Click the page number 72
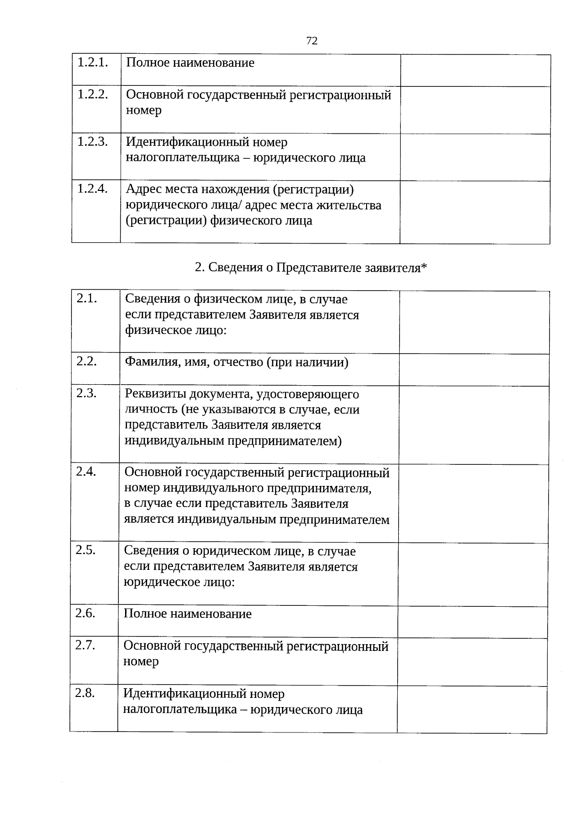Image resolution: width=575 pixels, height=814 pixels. (311, 41)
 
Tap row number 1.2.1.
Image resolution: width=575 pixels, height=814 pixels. (92, 62)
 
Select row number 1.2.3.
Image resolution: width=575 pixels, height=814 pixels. (92, 142)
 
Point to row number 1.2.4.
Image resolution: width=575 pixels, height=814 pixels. (92, 189)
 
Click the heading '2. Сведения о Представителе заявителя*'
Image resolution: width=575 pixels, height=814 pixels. (310, 268)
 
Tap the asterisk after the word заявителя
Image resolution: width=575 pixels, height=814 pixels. (424, 267)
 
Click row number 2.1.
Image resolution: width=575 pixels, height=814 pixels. (87, 298)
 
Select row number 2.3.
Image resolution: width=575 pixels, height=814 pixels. (86, 393)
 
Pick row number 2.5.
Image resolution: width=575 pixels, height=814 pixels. (86, 550)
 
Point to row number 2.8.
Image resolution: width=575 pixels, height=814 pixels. (85, 693)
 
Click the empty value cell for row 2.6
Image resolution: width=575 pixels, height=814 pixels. (472, 622)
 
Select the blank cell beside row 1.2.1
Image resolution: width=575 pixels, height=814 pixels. (475, 70)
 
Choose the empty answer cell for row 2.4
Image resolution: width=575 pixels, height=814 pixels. (473, 503)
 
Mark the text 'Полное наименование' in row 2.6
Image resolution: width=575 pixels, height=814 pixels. (187, 614)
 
